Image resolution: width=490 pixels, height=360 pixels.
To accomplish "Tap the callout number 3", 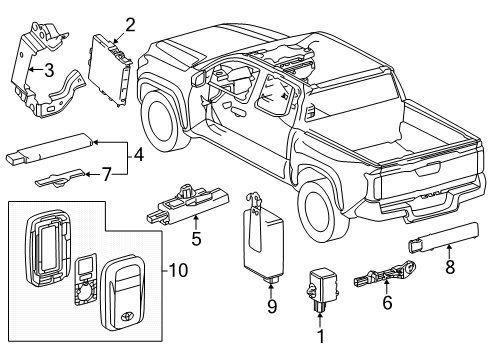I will tap(47, 69).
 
